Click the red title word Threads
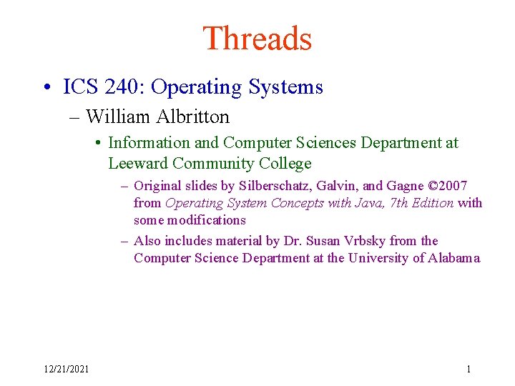[257, 39]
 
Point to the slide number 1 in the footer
[469, 369]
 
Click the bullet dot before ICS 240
[46, 88]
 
